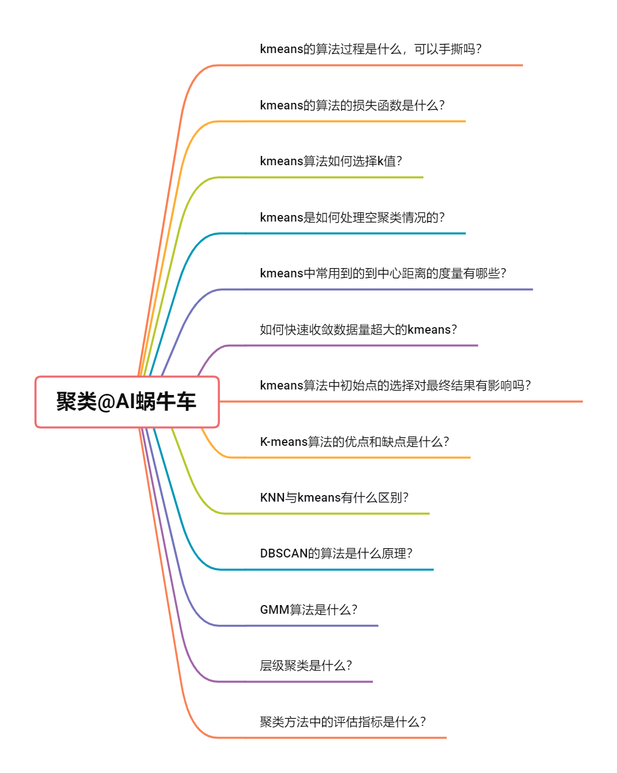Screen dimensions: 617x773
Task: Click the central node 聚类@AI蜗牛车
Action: pos(127,402)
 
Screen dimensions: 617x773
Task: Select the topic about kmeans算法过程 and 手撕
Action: pos(370,49)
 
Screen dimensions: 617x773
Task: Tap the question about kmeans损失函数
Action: pos(352,105)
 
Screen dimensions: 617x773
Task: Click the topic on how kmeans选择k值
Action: pos(331,161)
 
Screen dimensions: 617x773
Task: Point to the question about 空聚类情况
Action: pos(352,218)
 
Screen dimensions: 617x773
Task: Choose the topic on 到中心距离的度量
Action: pos(383,274)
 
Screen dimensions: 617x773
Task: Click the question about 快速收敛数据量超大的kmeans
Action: pos(358,330)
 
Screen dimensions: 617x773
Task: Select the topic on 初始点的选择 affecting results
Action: pos(395,386)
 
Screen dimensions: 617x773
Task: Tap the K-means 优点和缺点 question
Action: pos(354,442)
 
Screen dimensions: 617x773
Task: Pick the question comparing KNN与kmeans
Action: pos(334,498)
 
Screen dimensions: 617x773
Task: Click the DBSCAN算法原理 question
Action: pos(336,554)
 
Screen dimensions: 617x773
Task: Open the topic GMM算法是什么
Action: pos(308,610)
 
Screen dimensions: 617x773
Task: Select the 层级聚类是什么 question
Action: pos(306,666)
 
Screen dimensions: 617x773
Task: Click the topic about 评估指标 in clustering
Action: pos(342,722)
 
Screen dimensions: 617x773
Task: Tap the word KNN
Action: pos(272,498)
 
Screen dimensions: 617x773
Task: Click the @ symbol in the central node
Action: pos(106,402)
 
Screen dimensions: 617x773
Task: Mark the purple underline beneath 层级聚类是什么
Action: pos(306,682)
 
